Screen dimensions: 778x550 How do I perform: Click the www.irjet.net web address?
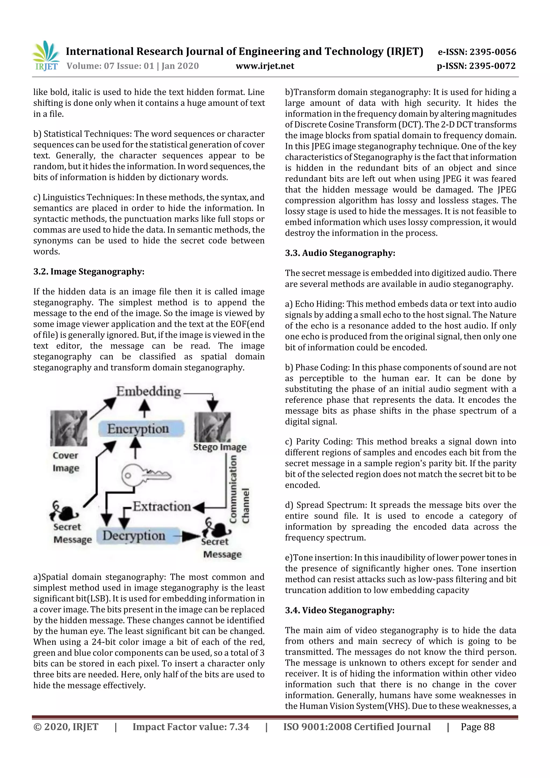265,66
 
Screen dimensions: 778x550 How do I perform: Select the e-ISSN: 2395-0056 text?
477,52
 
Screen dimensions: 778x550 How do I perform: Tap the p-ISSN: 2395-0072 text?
476,66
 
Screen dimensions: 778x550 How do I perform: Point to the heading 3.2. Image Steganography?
89,272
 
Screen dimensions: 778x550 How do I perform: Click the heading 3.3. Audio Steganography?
340,253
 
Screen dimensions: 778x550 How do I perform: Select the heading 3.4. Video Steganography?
339,610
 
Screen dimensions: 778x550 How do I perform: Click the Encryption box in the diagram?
141,429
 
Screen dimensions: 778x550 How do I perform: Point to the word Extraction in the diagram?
162,506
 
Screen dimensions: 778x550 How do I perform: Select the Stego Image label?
220,447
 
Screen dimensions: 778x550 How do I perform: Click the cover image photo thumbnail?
68,428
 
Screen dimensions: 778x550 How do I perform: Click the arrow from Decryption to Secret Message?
187,536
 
